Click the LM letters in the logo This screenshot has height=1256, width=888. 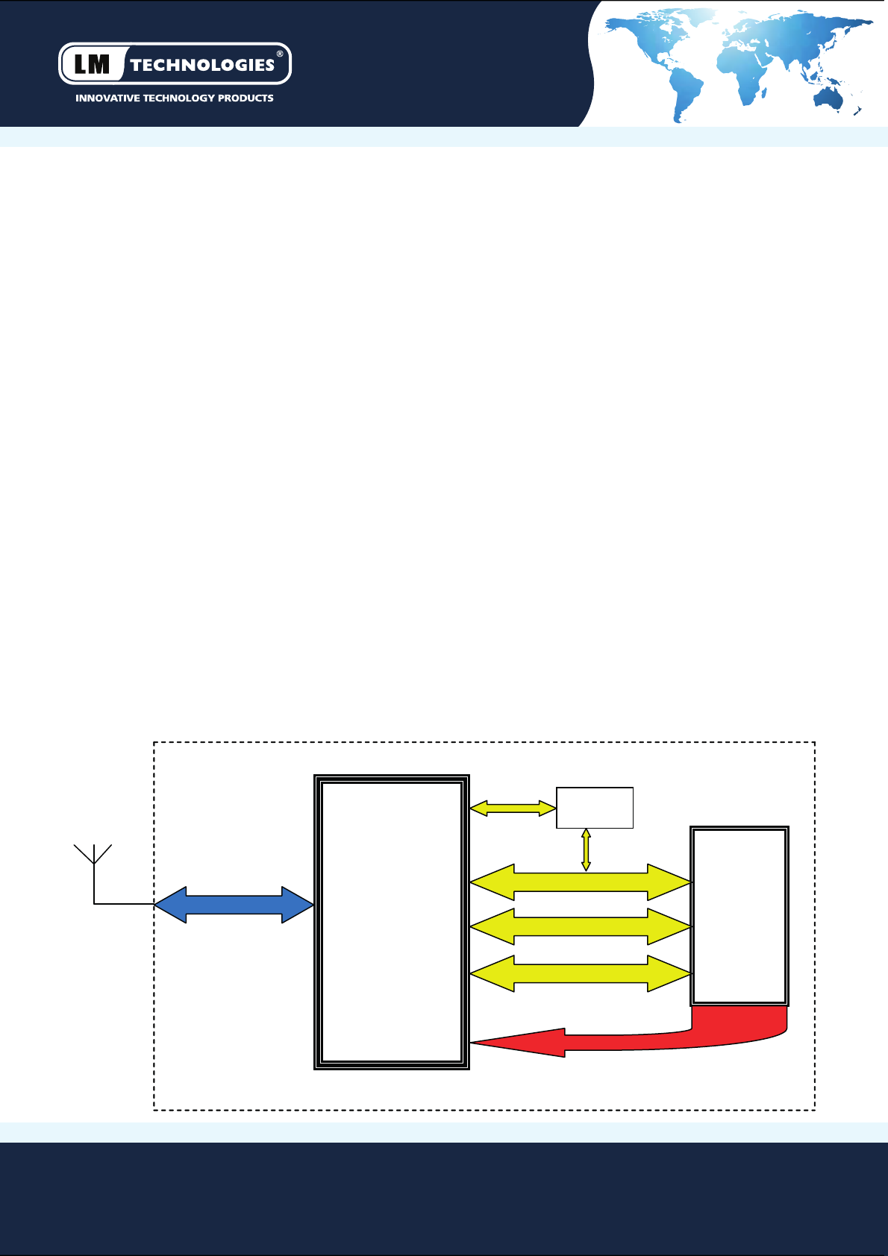pyautogui.click(x=92, y=65)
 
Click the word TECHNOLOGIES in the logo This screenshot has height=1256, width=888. pyautogui.click(x=202, y=66)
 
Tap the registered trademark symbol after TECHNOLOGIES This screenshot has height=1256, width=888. pyautogui.click(x=280, y=54)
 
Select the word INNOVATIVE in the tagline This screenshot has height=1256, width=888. pyautogui.click(x=107, y=98)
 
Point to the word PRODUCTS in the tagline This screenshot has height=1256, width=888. pyautogui.click(x=246, y=98)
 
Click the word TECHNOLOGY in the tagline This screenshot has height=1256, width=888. pyautogui.click(x=178, y=98)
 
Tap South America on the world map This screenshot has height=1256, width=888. pyautogui.click(x=685, y=91)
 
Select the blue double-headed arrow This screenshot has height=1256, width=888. pyautogui.click(x=234, y=905)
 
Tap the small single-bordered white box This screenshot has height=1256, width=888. pyautogui.click(x=595, y=808)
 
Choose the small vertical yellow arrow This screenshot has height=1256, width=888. pyautogui.click(x=586, y=850)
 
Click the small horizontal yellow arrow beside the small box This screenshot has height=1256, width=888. pyautogui.click(x=513, y=808)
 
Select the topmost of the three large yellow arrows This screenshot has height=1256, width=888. pyautogui.click(x=581, y=883)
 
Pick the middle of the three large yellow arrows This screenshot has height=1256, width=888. pyautogui.click(x=581, y=926)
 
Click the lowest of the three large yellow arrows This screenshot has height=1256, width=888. pyautogui.click(x=581, y=973)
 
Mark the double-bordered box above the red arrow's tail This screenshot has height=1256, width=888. pyautogui.click(x=740, y=916)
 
